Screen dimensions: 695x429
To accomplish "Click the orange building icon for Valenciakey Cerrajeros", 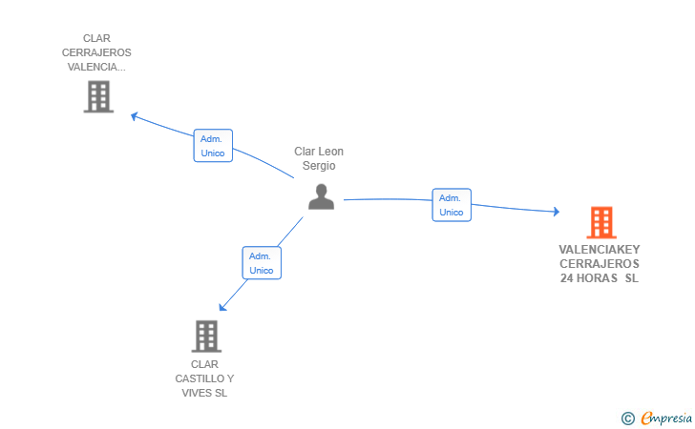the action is tap(601, 222).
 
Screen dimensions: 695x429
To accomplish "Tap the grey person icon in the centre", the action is tap(322, 197).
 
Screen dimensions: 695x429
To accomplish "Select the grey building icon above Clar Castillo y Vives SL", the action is tap(206, 336).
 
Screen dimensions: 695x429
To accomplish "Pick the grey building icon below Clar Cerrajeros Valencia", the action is tap(99, 96).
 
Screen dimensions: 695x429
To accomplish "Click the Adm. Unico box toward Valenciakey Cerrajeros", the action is tap(452, 205).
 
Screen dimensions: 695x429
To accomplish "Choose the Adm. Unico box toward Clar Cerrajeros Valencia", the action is tap(213, 146).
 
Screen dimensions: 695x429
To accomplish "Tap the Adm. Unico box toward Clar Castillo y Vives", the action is tap(262, 263).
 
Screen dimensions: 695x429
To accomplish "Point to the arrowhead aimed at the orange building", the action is tap(557, 212).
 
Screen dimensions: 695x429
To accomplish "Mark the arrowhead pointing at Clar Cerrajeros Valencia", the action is tap(135, 116).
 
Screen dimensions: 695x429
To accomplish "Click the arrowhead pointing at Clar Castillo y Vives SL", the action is tap(223, 307).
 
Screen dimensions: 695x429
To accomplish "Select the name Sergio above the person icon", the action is tap(319, 166).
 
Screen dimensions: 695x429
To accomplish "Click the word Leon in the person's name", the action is tap(331, 152).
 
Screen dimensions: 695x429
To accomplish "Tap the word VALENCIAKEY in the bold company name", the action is tap(600, 249).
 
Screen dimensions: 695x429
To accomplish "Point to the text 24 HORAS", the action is tap(589, 278).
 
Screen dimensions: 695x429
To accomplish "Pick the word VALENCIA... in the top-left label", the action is tap(96, 67).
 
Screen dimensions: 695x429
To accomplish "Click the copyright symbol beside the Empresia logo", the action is tap(627, 419).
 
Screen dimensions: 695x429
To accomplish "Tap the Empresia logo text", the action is tap(666, 419).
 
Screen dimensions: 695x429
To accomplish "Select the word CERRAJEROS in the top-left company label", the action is tap(96, 52).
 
